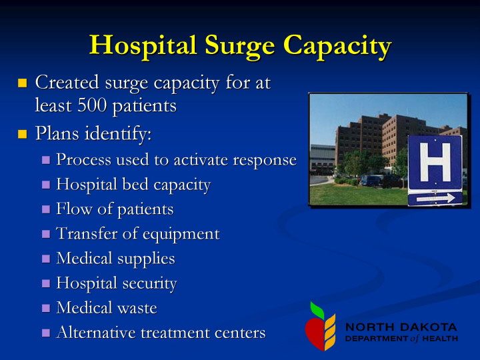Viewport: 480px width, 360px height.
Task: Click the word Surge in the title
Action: tap(240, 46)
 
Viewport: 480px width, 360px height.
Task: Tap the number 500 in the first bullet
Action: tap(92, 105)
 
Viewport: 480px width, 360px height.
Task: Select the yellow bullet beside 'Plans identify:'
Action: tap(23, 134)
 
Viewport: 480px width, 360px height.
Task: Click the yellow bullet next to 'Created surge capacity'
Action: tap(23, 83)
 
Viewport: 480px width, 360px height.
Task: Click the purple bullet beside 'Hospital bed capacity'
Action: tap(46, 185)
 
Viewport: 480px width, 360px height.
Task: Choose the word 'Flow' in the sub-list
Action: tap(75, 209)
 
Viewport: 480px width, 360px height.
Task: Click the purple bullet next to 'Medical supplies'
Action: tap(46, 259)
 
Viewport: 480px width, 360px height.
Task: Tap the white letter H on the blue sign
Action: tap(435, 162)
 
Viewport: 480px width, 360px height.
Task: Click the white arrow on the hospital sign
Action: tap(435, 199)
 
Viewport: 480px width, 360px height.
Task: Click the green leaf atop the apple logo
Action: tap(317, 311)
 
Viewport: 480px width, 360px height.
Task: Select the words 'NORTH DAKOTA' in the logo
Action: tap(401, 327)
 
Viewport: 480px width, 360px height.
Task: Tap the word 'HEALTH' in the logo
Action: tap(440, 339)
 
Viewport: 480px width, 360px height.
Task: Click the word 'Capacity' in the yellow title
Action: tap(337, 46)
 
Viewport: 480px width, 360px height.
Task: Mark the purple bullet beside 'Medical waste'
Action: tap(46, 308)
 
